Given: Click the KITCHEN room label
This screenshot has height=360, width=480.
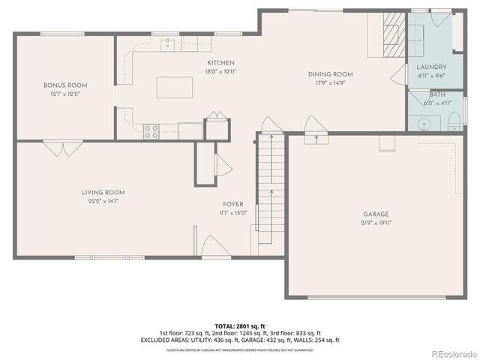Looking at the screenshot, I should point(220,63).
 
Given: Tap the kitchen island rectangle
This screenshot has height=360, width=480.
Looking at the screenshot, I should point(174,88).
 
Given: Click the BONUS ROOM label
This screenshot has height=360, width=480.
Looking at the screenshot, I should point(65,85).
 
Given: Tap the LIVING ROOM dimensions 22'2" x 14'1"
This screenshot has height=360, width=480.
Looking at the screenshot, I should point(103,201).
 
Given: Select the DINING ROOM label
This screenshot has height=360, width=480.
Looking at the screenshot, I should point(330,74).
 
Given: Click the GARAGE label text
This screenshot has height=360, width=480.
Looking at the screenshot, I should point(376,214).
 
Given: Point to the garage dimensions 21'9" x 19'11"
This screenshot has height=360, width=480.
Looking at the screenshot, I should point(376,223).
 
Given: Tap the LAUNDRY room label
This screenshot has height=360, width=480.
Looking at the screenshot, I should point(431,67).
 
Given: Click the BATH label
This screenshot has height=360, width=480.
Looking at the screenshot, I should point(438,95).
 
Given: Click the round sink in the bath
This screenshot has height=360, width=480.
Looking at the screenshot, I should point(424,122).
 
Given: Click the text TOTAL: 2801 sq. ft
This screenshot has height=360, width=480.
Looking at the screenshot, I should point(240,325).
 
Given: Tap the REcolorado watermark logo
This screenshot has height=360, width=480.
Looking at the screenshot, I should point(450,353).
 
